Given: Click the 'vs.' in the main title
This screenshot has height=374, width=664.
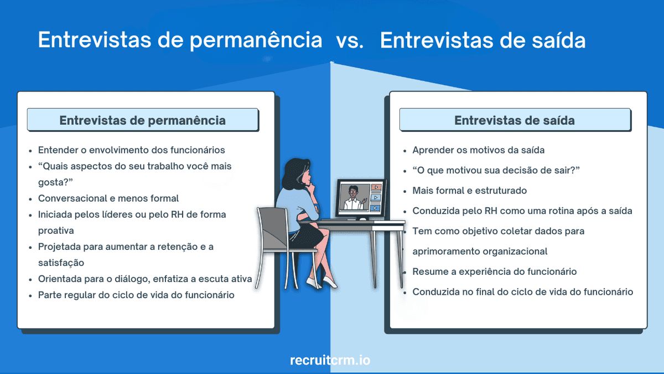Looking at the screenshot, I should pos(350,41).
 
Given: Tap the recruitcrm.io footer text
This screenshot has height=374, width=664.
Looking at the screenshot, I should pos(330,360).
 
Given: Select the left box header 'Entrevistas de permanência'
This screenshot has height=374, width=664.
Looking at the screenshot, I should pos(143,120).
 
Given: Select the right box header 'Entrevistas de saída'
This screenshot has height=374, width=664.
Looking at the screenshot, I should pos(515,120).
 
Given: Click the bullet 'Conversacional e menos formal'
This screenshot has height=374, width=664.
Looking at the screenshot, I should pos(108,198).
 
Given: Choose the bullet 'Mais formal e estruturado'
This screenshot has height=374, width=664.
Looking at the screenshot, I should pos(469,191).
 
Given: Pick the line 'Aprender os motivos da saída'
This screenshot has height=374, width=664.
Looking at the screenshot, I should pos(479,150).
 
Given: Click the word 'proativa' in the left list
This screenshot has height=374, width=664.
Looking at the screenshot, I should pos(56,230).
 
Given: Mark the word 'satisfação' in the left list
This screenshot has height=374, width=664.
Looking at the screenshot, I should pos(61,263).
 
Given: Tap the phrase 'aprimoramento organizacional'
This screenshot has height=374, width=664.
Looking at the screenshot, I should pos(480,251).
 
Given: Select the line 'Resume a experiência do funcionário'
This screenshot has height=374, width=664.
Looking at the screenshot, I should pos(495,271).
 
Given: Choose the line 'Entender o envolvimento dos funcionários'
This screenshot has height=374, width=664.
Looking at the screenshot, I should pos(131,150).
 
